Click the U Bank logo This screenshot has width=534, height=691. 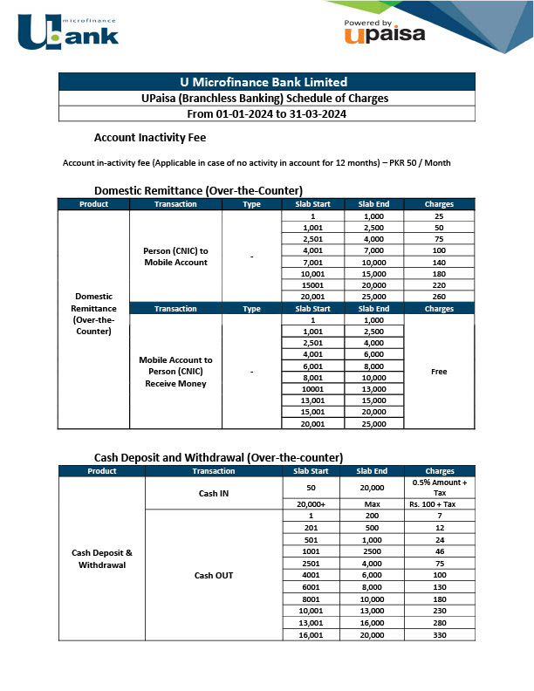tap(67, 29)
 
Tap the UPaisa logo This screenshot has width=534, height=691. tap(384, 32)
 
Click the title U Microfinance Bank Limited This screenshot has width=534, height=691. tap(267, 82)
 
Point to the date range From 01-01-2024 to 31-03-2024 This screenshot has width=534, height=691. tap(267, 113)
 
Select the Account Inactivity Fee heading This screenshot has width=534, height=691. tap(149, 137)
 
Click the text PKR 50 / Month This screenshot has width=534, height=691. tap(421, 163)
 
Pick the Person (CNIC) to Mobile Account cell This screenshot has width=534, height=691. tap(175, 257)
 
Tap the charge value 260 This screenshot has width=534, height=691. tap(439, 296)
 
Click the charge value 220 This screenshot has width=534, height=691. tap(439, 284)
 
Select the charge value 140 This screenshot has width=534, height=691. tap(439, 262)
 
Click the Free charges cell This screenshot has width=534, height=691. tap(439, 372)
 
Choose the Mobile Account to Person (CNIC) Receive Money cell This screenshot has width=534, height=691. tap(175, 372)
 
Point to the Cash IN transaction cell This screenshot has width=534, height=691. tap(213, 494)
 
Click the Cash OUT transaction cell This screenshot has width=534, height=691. tap(213, 575)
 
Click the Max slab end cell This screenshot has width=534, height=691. tap(373, 504)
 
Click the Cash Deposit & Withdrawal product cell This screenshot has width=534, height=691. tap(101, 558)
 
